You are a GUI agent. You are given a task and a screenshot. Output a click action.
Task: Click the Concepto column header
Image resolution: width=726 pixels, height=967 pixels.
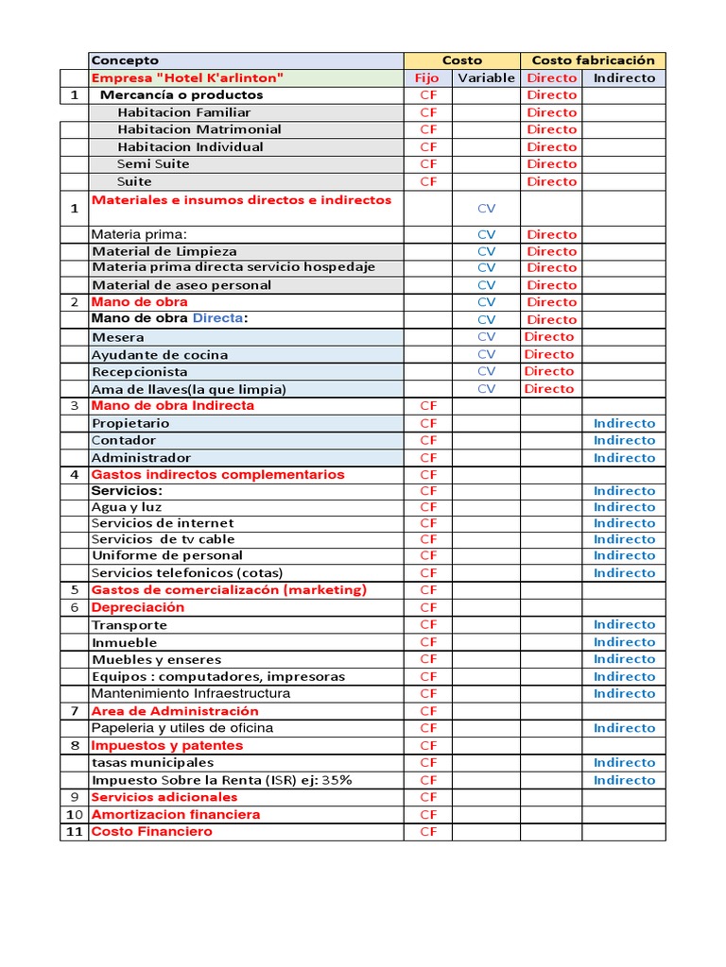point(125,60)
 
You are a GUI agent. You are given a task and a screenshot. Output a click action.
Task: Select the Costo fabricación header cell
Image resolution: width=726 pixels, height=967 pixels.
point(593,60)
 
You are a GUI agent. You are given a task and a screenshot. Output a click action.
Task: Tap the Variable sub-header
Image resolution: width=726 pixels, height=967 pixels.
point(486,78)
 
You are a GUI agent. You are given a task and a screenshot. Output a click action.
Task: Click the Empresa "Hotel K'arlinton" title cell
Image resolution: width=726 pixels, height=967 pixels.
point(187,77)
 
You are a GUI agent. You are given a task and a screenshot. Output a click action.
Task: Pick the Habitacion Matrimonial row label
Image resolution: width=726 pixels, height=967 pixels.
point(199,129)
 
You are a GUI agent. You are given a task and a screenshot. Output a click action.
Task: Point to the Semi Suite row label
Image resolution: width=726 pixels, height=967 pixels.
point(153,164)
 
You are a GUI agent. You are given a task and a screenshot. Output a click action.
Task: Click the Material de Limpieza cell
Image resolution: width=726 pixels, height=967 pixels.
point(164,251)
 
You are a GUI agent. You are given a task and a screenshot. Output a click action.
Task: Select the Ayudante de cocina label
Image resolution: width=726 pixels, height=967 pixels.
point(160,355)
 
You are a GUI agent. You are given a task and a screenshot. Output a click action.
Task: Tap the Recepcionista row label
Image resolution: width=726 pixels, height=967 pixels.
point(139,372)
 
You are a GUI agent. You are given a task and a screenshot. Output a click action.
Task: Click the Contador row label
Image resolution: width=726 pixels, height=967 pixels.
point(124,440)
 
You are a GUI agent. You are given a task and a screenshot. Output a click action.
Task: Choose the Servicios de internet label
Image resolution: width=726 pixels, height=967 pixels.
point(163,523)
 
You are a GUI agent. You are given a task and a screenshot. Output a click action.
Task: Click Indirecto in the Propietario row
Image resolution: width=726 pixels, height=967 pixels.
point(624,423)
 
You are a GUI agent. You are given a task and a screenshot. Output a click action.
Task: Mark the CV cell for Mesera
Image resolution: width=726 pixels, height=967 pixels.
point(486,337)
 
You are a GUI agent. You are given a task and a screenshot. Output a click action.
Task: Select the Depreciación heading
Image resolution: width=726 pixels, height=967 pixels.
point(138,607)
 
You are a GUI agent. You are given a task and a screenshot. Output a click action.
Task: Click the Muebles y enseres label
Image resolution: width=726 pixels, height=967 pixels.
point(156,659)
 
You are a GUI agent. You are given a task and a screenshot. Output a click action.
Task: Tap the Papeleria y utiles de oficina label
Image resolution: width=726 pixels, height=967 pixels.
point(182,728)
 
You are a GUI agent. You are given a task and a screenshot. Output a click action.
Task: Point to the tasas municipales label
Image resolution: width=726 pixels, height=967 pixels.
point(152,762)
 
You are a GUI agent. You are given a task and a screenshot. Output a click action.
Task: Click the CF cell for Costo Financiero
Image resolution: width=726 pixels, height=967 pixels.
point(428,832)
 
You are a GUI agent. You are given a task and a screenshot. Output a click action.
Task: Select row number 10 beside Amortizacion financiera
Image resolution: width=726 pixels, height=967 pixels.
point(75,814)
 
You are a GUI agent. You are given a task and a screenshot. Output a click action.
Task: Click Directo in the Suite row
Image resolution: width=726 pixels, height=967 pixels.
point(551,181)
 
